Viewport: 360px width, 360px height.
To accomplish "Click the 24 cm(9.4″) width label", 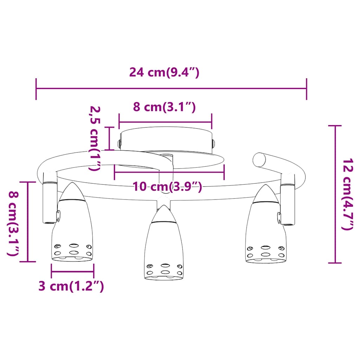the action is [x=164, y=72].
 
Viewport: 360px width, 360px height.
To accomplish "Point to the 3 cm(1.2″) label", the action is [x=71, y=286].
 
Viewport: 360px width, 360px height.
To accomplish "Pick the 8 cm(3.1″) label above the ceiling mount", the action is [x=165, y=107].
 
